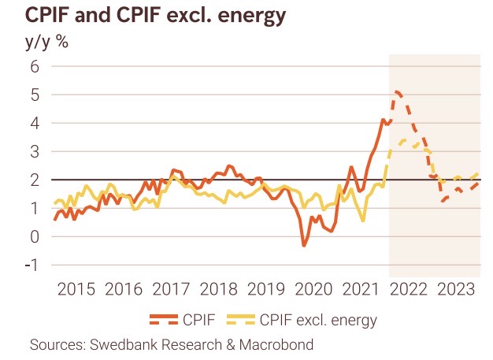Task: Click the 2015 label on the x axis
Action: [x=77, y=289]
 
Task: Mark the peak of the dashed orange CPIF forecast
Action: [x=397, y=92]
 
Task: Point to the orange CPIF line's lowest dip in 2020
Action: [x=305, y=246]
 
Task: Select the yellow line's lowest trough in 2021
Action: [x=363, y=221]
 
